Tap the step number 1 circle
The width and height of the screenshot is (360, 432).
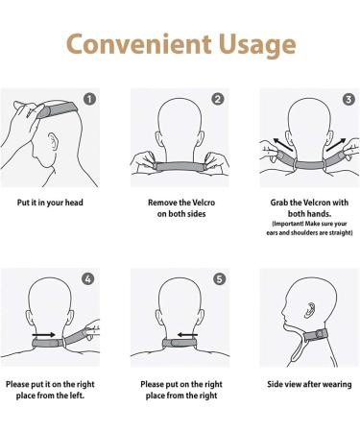tap(89, 98)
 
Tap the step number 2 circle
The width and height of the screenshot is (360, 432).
tap(218, 98)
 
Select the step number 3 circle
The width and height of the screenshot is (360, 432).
tap(347, 98)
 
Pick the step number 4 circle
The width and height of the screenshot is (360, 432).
tap(89, 279)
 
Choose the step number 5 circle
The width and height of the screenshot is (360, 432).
tap(218, 279)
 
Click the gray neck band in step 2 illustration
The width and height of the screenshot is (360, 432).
tap(180, 166)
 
